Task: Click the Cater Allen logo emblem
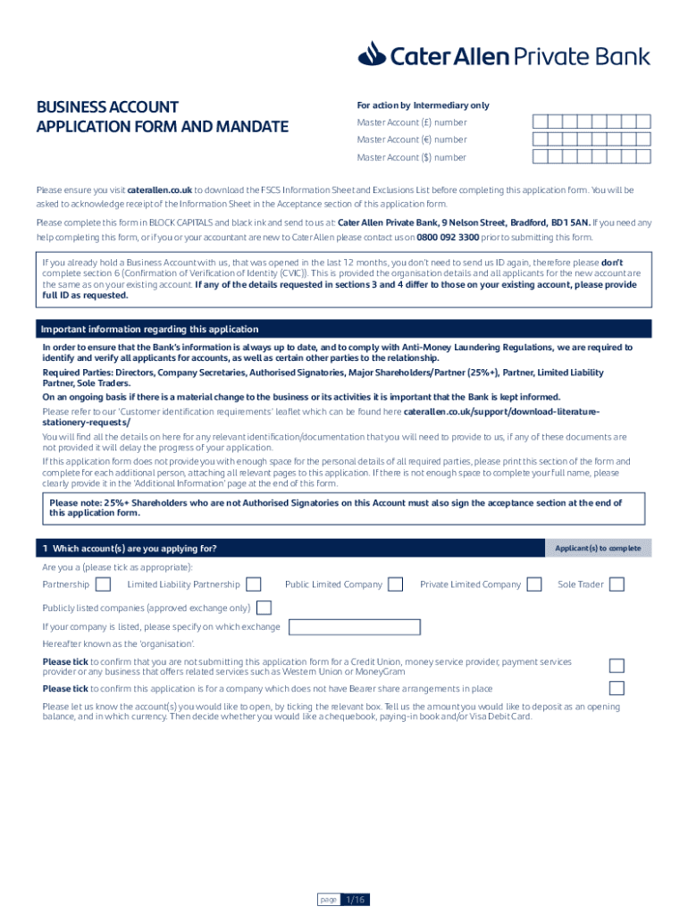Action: tap(372, 56)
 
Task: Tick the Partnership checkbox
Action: tap(103, 584)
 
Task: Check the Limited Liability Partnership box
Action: tap(254, 584)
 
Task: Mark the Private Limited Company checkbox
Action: tap(534, 584)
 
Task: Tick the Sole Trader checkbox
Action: tap(617, 584)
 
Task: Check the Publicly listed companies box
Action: tap(264, 608)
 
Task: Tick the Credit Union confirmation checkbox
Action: tap(617, 666)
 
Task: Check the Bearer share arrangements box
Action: tap(617, 688)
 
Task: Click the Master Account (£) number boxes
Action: tap(592, 122)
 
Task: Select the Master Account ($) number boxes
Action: tap(592, 157)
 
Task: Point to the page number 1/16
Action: tap(356, 899)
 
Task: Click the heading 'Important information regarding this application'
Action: tap(150, 329)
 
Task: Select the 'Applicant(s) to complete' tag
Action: tap(598, 548)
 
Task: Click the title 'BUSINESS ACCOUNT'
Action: tap(107, 107)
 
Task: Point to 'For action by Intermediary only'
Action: tap(423, 105)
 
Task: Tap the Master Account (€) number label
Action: tap(411, 139)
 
